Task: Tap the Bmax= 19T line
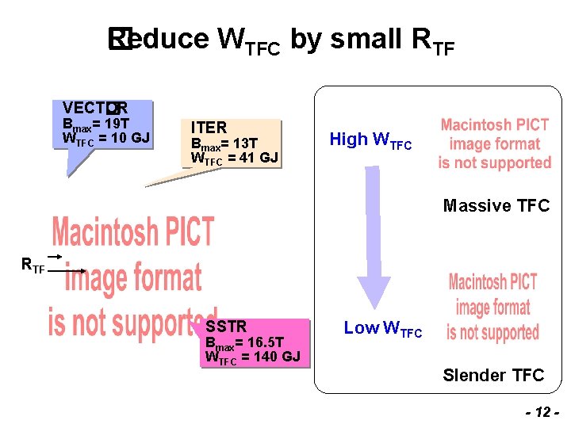(95, 124)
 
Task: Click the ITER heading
(209, 128)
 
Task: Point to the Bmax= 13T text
(224, 143)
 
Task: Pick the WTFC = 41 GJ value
(235, 158)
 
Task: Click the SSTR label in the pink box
(226, 327)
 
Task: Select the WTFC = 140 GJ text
(252, 357)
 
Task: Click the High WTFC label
(370, 140)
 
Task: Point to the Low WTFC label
(382, 329)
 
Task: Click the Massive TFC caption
(496, 206)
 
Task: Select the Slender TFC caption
(493, 375)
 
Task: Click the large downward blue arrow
(374, 237)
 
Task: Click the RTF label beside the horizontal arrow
(33, 266)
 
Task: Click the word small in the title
(366, 38)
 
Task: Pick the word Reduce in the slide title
(158, 38)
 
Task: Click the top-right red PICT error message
(494, 143)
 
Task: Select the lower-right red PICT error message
(492, 307)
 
